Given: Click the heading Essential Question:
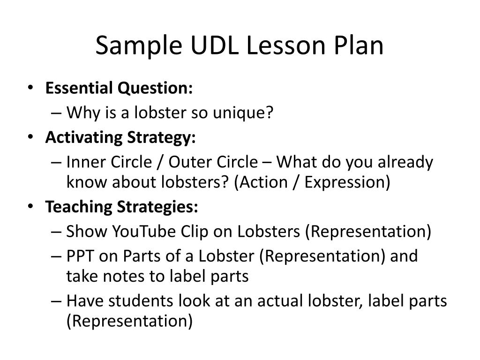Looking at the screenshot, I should (119, 88).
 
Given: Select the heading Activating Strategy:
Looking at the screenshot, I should (120, 138).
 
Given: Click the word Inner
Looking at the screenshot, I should (87, 162).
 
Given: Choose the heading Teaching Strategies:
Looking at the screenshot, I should (122, 207).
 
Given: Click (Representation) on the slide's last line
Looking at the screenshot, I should (129, 321).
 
